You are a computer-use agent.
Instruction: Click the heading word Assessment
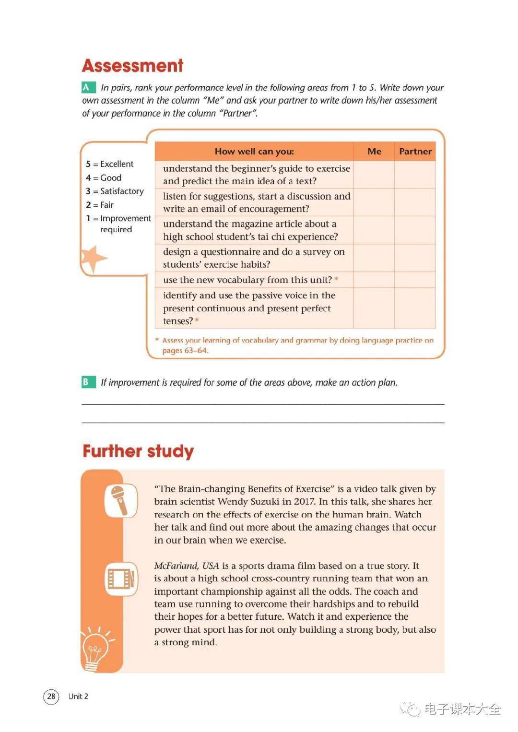click(x=132, y=66)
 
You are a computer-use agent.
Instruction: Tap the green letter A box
click(x=87, y=87)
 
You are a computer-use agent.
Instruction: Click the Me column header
click(x=374, y=151)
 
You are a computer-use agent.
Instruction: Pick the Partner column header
click(x=415, y=151)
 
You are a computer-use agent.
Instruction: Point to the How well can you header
click(x=254, y=151)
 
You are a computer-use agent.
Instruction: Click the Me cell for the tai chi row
click(x=374, y=230)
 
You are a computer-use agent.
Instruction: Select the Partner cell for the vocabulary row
click(x=415, y=280)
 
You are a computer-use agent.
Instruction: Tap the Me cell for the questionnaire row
click(x=374, y=258)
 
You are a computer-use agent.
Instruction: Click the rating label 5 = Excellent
click(x=110, y=164)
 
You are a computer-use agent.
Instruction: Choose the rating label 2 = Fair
click(x=100, y=205)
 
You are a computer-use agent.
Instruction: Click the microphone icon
click(x=120, y=500)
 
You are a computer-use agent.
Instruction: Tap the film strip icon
click(x=121, y=579)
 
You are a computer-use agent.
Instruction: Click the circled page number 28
click(x=51, y=696)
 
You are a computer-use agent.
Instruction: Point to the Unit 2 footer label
click(x=78, y=696)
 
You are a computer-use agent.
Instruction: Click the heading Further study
click(x=138, y=451)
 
